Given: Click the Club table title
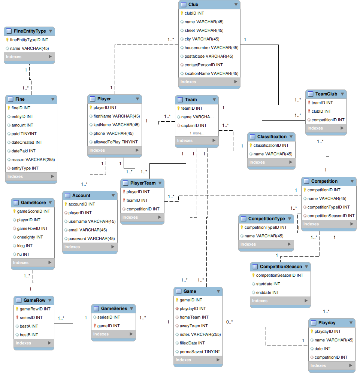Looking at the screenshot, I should (x=193, y=4).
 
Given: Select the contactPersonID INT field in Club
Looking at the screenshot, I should (x=203, y=65).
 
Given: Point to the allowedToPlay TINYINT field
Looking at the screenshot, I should (x=115, y=142).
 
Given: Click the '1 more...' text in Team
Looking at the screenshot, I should (x=197, y=133).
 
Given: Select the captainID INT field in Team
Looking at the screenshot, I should (x=194, y=125).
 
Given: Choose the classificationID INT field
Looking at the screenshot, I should (x=271, y=145).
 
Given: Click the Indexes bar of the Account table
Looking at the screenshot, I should (x=90, y=247).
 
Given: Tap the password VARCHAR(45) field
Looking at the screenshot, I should (x=91, y=238).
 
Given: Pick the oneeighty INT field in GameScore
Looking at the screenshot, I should (x=30, y=237).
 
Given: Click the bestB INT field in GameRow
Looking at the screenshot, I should (x=29, y=335).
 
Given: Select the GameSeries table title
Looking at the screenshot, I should (x=114, y=308).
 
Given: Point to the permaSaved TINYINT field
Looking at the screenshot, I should (x=200, y=352).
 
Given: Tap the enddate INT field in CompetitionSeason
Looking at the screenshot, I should (x=267, y=292).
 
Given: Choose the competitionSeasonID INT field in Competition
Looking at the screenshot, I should (x=331, y=216).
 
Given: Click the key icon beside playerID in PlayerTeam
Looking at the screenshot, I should (x=124, y=192).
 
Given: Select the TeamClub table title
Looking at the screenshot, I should (x=326, y=94).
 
